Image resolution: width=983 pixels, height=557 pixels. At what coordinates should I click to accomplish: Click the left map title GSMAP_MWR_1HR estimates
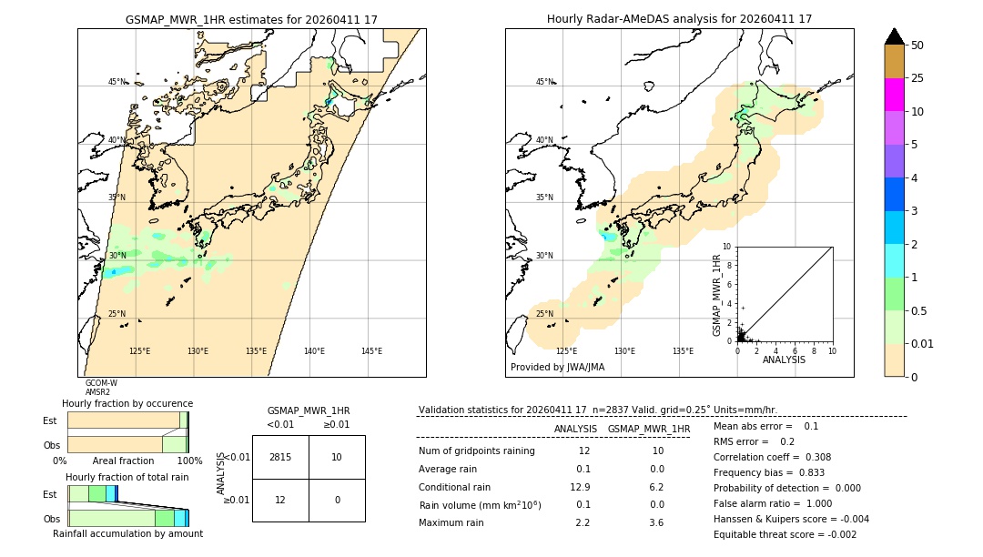pyautogui.click(x=251, y=19)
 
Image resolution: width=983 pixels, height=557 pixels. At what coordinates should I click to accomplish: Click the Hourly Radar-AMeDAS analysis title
pyautogui.click(x=679, y=19)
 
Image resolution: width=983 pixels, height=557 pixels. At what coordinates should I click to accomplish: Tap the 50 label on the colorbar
pyautogui.click(x=917, y=46)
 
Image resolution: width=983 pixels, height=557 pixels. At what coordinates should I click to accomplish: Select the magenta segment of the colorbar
pyautogui.click(x=895, y=95)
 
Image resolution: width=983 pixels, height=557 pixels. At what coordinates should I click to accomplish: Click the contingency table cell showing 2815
pyautogui.click(x=280, y=457)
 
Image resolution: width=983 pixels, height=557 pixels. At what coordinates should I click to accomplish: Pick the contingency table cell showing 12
pyautogui.click(x=280, y=500)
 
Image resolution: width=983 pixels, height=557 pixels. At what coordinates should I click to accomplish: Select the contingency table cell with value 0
pyautogui.click(x=337, y=500)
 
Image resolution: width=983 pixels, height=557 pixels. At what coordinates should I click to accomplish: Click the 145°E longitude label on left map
pyautogui.click(x=371, y=351)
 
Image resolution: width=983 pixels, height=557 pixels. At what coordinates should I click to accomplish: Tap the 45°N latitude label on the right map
pyautogui.click(x=544, y=82)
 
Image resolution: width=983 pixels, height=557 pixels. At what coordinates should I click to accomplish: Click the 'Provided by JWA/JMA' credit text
pyautogui.click(x=557, y=368)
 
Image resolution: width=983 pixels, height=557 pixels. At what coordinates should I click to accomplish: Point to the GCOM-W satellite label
pyautogui.click(x=101, y=383)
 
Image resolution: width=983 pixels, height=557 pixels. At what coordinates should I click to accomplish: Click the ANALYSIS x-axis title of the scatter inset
pyautogui.click(x=784, y=360)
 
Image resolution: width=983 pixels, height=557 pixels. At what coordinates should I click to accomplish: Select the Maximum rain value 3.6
pyautogui.click(x=655, y=523)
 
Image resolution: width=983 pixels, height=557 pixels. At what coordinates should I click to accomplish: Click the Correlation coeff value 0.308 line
pyautogui.click(x=772, y=458)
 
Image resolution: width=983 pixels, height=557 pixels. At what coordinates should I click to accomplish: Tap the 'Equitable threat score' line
pyautogui.click(x=785, y=534)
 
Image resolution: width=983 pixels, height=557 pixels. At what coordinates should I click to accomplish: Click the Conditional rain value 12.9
pyautogui.click(x=580, y=487)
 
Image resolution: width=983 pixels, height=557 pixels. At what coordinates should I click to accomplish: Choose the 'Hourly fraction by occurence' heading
pyautogui.click(x=127, y=403)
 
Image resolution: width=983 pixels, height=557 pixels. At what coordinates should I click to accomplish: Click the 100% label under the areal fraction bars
pyautogui.click(x=189, y=461)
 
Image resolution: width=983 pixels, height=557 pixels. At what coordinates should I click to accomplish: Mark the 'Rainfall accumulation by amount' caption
pyautogui.click(x=127, y=533)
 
